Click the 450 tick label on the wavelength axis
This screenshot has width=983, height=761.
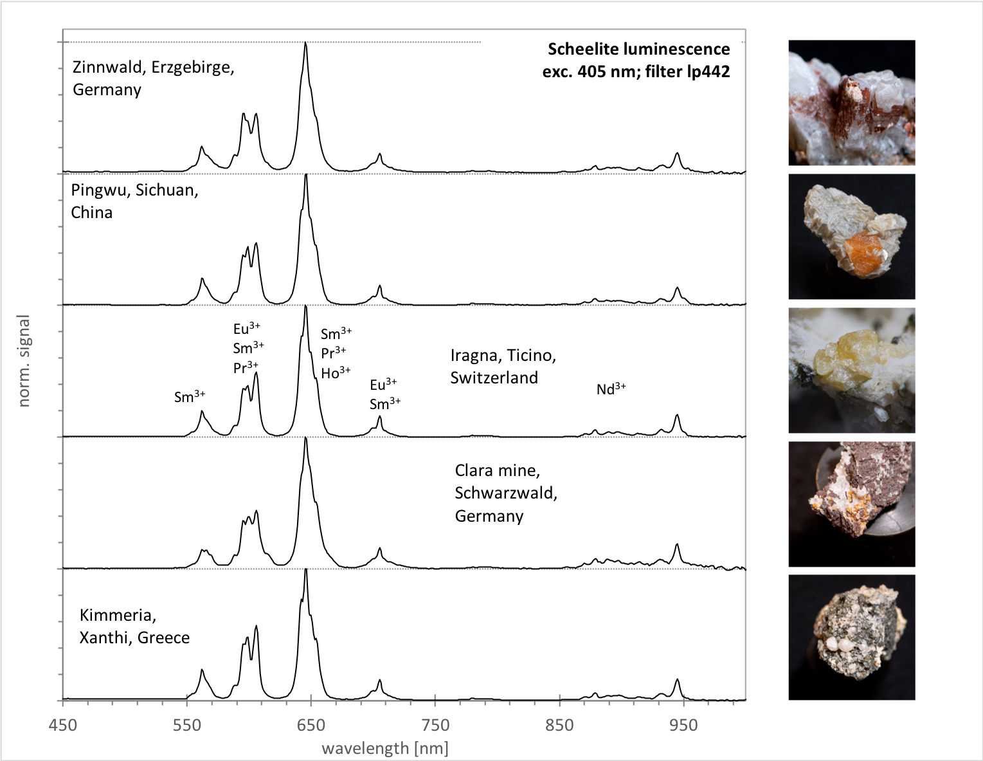[x=62, y=725]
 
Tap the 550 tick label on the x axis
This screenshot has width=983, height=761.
[x=186, y=725]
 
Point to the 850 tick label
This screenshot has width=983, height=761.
[x=559, y=725]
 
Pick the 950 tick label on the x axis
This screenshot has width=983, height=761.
[x=683, y=725]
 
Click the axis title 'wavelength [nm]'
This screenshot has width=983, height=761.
[x=384, y=748]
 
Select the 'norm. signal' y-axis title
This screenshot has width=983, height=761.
[x=24, y=361]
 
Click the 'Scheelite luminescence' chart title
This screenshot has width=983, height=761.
[x=638, y=50]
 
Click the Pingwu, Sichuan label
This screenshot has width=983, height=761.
[x=134, y=190]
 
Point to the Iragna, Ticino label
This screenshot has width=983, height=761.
[x=503, y=355]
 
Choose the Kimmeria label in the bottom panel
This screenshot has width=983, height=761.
[x=118, y=615]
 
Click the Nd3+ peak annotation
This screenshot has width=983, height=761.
[x=611, y=389]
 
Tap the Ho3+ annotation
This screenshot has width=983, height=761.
[x=336, y=372]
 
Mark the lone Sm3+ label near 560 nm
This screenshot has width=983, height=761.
[x=190, y=396]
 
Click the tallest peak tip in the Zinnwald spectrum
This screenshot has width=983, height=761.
[x=305, y=43]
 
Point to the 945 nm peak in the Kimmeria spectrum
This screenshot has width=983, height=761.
[x=677, y=679]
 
